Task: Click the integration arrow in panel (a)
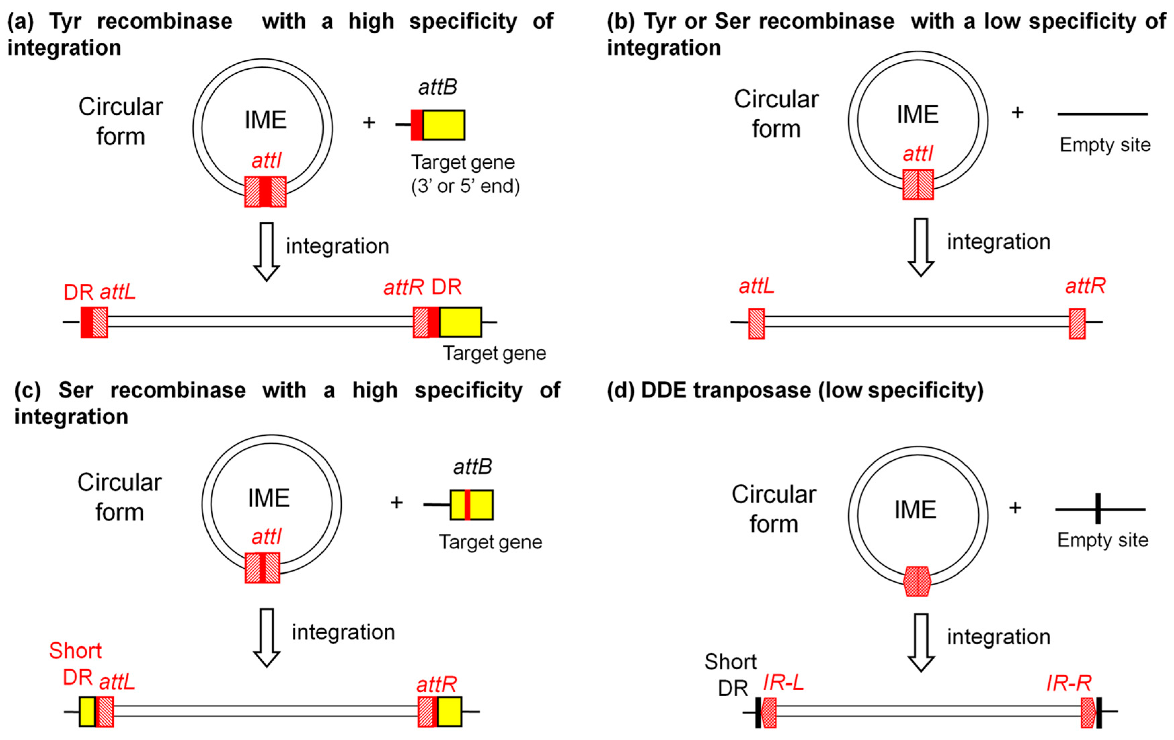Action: tap(266, 251)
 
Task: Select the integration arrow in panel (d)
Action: tap(920, 642)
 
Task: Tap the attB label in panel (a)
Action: tap(437, 87)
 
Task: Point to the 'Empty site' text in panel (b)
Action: tap(1105, 145)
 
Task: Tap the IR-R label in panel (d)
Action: tap(1068, 683)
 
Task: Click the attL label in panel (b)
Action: tap(756, 286)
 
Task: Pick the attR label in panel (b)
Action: tap(1085, 286)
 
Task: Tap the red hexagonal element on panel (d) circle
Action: tap(917, 582)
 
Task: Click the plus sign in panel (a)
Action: tap(369, 123)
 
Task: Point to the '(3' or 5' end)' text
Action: tap(465, 186)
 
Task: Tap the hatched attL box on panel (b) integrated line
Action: tap(756, 323)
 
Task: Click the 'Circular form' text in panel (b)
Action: tap(776, 114)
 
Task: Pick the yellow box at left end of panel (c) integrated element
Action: tap(87, 712)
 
